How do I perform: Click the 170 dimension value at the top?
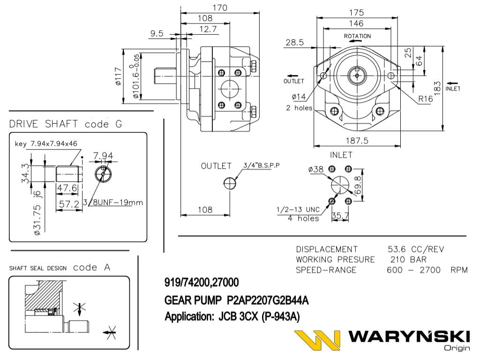click(220, 7)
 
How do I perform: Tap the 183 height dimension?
click(437, 87)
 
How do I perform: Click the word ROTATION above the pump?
click(357, 36)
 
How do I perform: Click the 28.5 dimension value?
click(294, 43)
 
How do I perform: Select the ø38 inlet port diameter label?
click(316, 170)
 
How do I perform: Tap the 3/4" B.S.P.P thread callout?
click(261, 165)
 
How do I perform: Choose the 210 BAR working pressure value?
click(409, 259)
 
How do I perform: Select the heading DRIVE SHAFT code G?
click(66, 124)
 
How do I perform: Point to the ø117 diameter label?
click(118, 76)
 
